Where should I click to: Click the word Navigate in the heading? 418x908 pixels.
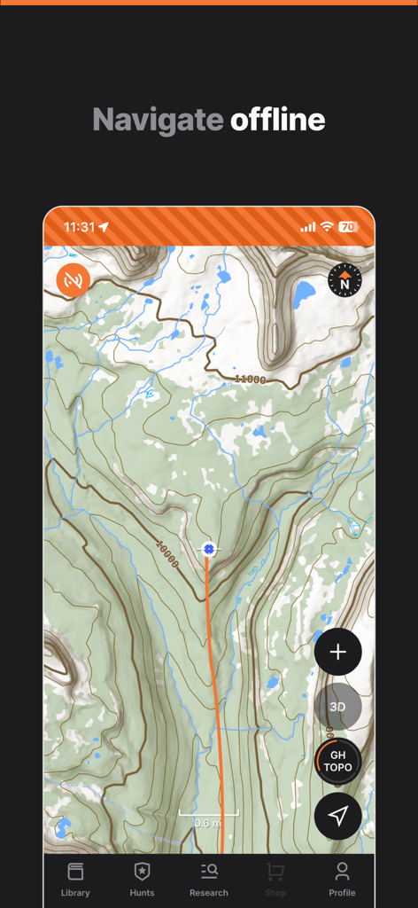[x=158, y=120]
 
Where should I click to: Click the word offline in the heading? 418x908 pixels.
[x=278, y=120]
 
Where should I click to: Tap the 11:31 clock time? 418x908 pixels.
[x=79, y=227]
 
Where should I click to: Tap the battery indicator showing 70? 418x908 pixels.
[x=348, y=227]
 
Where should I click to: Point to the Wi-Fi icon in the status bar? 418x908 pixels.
[x=327, y=227]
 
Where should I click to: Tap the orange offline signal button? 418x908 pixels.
[x=74, y=279]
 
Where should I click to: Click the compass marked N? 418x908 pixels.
[x=344, y=280]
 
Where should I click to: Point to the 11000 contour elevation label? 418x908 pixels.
[x=250, y=380]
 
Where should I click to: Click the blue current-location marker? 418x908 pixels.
[x=209, y=550]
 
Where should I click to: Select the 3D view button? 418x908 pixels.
[x=337, y=707]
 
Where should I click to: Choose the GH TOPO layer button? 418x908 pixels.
[x=337, y=761]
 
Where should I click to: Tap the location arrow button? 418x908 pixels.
[x=337, y=816]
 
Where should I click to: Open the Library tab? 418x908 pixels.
[x=75, y=880]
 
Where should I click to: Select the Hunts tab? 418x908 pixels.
[x=142, y=880]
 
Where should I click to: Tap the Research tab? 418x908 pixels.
[x=209, y=880]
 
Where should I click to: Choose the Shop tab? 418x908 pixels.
[x=275, y=880]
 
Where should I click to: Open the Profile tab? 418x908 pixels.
[x=342, y=880]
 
